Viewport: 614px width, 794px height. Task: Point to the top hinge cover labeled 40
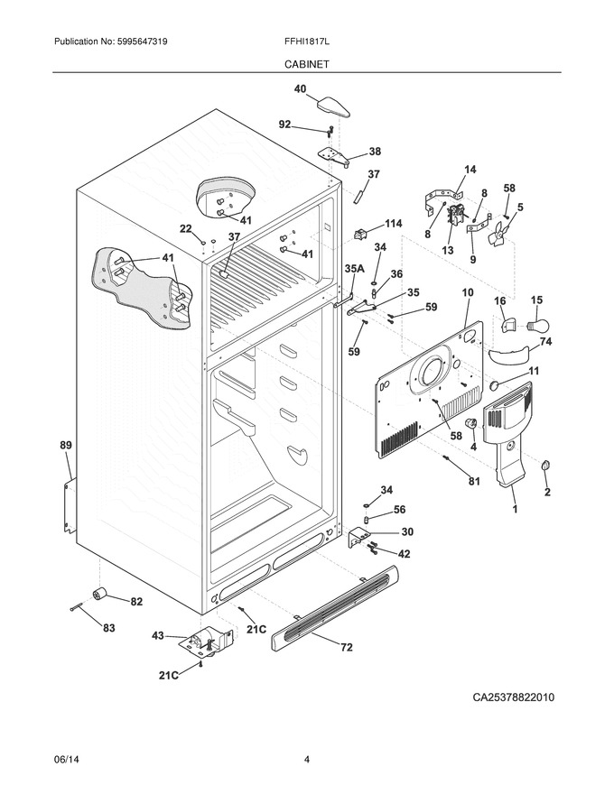point(334,107)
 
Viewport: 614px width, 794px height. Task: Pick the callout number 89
point(66,446)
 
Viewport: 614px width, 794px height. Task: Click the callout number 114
point(393,224)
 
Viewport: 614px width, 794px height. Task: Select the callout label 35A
point(354,270)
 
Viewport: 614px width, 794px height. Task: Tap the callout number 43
point(158,635)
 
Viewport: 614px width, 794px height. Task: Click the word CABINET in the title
point(306,64)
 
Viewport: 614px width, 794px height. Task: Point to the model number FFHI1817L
point(307,42)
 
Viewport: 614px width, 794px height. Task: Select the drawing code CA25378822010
point(513,697)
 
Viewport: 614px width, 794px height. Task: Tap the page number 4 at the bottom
point(307,760)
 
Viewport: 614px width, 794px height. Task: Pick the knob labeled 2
point(545,466)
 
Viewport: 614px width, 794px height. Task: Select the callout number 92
point(284,125)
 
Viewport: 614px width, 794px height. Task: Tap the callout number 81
point(474,482)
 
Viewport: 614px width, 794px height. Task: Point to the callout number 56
point(400,510)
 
